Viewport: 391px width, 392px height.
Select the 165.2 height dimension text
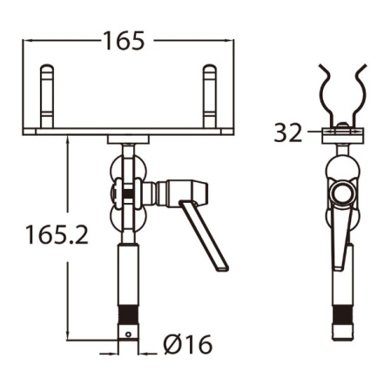click(x=57, y=235)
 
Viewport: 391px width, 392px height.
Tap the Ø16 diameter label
click(x=187, y=345)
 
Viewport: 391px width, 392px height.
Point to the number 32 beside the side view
click(x=287, y=132)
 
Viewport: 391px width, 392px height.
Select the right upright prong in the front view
click(x=209, y=95)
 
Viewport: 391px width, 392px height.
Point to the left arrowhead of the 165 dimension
click(x=26, y=40)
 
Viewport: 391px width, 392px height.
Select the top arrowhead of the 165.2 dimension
click(x=67, y=139)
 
